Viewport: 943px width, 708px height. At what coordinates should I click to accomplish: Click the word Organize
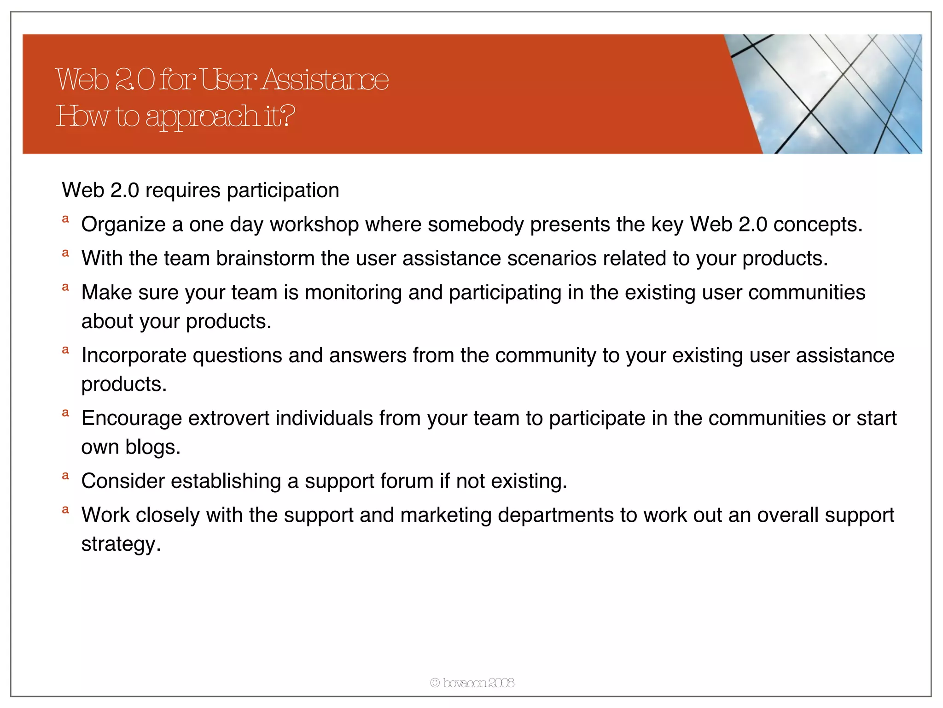(x=123, y=224)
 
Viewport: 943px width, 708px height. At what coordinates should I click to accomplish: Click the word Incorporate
(x=134, y=355)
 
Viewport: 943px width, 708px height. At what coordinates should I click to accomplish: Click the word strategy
(x=121, y=544)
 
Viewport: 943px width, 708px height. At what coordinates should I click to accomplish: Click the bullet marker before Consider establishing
(x=65, y=476)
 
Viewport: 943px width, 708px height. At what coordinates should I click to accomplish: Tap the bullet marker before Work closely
(x=65, y=510)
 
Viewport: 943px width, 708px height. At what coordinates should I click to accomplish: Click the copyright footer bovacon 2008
(x=472, y=683)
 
